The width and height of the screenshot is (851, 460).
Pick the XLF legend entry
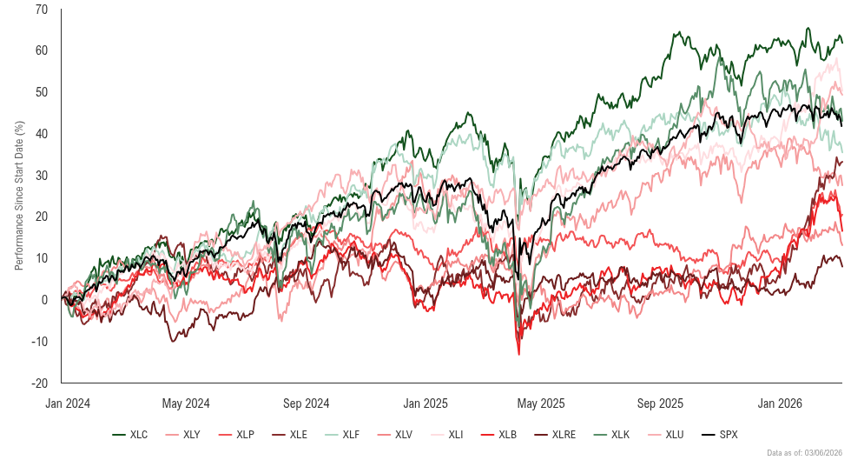click(346, 434)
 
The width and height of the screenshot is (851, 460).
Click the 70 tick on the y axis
click(43, 10)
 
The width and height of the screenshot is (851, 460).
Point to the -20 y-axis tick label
click(41, 383)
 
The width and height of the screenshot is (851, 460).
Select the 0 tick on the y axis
click(45, 300)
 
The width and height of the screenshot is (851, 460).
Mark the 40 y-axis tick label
click(43, 134)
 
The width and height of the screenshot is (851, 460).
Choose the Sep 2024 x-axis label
click(305, 403)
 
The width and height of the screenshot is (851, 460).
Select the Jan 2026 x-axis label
click(778, 403)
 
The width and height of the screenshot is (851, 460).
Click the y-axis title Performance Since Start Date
click(19, 196)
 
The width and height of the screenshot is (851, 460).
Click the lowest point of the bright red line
click(519, 354)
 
